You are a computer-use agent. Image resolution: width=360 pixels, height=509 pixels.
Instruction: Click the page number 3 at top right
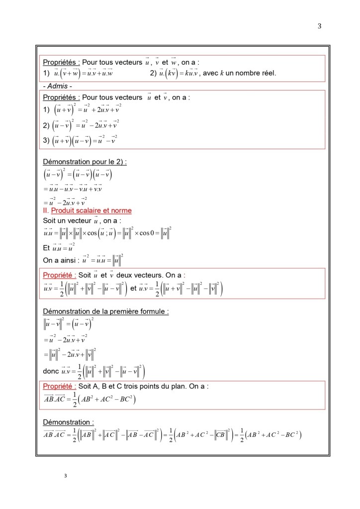click(319, 26)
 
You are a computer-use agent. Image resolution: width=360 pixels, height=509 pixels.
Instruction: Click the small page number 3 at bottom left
click(65, 476)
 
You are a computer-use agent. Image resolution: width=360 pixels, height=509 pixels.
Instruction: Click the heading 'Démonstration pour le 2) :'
click(85, 162)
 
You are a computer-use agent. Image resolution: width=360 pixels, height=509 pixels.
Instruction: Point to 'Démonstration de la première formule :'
click(106, 312)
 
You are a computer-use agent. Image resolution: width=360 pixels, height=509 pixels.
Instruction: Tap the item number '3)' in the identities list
click(47, 140)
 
